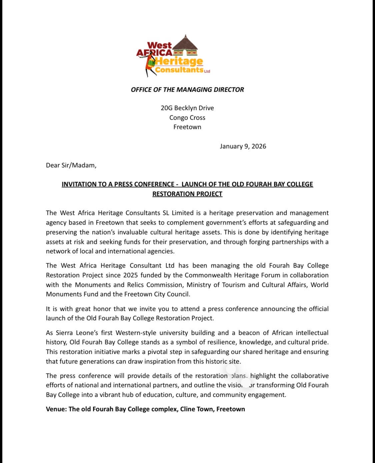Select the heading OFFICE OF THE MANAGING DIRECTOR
pos(187,90)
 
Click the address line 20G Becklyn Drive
pos(187,108)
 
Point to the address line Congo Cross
pos(187,118)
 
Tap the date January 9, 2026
pos(243,146)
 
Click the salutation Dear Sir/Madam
pos(71,165)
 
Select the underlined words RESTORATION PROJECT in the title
pos(187,194)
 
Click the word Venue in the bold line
pos(55,409)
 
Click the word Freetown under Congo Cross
pos(187,127)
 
